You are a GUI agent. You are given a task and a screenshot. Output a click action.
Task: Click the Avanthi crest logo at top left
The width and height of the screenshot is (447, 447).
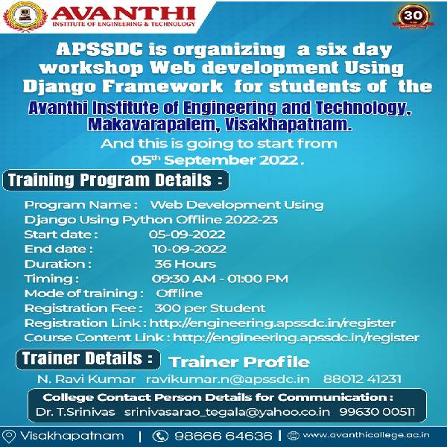25,16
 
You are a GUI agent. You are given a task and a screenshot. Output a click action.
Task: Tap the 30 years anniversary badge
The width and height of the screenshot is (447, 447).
413,16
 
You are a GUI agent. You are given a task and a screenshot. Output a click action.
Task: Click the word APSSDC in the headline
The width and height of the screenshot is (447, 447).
99,49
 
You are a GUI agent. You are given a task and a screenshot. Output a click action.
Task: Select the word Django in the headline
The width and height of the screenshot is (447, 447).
60,86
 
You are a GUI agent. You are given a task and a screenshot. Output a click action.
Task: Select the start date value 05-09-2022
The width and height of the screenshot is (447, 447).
187,235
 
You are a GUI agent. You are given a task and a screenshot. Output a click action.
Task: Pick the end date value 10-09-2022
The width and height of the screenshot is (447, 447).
189,249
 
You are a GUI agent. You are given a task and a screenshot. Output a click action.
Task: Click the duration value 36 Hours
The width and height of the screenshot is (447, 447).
185,264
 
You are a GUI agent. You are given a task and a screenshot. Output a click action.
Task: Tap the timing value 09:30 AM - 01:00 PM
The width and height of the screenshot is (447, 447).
220,279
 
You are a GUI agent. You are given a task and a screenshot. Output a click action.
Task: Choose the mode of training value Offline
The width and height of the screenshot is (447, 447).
179,294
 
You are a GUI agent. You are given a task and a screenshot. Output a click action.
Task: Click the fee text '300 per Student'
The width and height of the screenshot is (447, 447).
210,308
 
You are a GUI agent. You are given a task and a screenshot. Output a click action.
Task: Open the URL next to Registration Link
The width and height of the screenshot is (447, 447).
273,323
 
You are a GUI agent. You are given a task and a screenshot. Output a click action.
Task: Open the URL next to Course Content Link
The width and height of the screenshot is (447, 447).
296,337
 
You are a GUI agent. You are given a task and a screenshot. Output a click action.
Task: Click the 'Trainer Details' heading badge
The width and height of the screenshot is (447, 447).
88,359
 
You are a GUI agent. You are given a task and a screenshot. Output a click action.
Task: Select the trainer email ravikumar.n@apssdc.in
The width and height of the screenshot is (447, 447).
227,379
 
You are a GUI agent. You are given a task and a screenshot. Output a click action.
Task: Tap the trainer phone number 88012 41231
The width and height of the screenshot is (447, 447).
362,379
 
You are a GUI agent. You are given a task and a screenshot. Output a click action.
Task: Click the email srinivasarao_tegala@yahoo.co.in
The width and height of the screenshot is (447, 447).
227,412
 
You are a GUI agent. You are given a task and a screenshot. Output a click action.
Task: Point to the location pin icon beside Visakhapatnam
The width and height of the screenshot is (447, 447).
9,436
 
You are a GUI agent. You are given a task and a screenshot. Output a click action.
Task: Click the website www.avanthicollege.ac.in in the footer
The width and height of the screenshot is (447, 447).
366,435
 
